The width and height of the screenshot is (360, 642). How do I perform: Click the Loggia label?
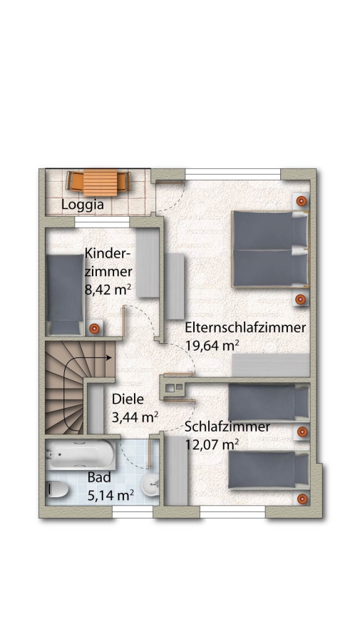pos(82,204)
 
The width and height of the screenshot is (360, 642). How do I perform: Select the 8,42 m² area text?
pos(108,289)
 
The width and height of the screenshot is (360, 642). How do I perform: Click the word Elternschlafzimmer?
pos(245,327)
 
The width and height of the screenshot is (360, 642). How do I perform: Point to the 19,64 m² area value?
pos(212,345)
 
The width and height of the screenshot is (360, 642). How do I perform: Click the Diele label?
pos(128,399)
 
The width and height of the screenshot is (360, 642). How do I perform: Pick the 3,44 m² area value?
pos(135,417)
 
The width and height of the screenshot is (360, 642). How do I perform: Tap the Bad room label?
pos(99,477)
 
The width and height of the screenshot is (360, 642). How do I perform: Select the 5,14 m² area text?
pos(110,496)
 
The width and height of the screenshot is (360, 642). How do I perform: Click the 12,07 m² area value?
pos(212,444)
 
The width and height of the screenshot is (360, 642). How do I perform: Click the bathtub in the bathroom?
pos(81,454)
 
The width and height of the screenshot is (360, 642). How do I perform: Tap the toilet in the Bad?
pos(57,489)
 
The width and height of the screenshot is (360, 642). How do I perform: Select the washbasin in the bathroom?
pos(150,485)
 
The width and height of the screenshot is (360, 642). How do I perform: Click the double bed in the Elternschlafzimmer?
pos(270,250)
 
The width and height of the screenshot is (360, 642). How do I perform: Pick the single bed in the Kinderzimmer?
pos(65,295)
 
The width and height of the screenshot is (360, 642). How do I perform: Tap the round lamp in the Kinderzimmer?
pos(94,328)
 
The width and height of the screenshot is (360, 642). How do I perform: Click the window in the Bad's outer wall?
pos(132,511)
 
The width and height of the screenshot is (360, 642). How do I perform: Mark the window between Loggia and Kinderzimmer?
pos(102,222)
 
